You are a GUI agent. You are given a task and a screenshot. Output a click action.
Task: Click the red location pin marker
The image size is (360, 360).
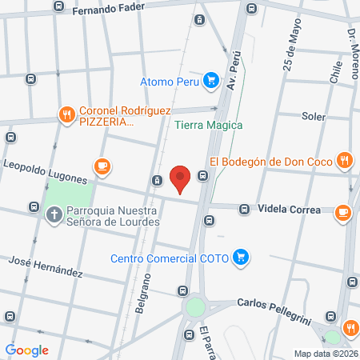(181, 179)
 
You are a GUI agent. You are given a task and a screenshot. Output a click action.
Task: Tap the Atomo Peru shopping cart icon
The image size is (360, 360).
(211, 80)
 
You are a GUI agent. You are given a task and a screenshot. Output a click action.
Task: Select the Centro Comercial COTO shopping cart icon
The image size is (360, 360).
(243, 258)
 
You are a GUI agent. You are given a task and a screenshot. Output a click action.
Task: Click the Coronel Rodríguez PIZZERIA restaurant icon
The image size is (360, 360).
(66, 114)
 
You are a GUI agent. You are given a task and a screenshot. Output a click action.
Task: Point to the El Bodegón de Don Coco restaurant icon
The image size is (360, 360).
(344, 160)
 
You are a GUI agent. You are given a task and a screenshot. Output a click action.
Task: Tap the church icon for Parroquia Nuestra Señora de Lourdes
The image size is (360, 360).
(54, 214)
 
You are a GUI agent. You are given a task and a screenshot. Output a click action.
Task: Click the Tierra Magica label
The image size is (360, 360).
(208, 125)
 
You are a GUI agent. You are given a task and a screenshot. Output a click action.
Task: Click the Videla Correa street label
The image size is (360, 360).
(289, 210)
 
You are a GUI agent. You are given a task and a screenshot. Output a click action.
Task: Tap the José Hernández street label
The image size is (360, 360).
(45, 266)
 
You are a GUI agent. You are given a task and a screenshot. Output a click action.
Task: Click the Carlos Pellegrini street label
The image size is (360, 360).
(274, 305)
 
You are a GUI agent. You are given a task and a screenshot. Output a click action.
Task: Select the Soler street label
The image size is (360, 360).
(314, 116)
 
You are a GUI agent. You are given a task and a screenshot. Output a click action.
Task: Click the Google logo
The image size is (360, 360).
(26, 350)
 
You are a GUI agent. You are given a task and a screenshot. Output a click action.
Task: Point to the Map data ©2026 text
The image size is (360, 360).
(324, 354)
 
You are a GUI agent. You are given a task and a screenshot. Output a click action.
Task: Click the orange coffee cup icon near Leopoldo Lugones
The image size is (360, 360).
(101, 166)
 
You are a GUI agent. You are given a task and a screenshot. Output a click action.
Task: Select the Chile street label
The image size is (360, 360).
(335, 70)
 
